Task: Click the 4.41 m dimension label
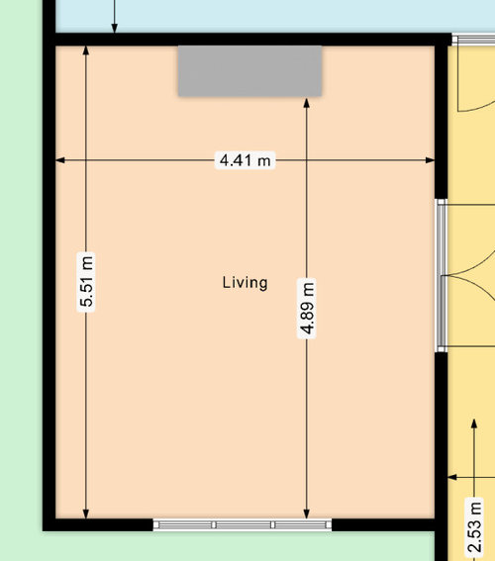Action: (245, 160)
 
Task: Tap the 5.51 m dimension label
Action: (86, 282)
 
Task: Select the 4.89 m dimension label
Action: (307, 308)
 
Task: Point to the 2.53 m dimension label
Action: (474, 528)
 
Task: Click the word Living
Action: (245, 283)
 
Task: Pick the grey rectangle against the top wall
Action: (249, 71)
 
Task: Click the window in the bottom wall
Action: (243, 524)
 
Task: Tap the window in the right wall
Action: (441, 275)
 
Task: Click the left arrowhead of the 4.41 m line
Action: (60, 160)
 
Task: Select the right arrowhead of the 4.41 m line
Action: (431, 160)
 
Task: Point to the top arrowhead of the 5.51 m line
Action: (86, 50)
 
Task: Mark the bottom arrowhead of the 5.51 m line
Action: (86, 514)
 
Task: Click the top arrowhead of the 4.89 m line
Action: (306, 103)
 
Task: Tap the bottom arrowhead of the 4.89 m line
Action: (306, 514)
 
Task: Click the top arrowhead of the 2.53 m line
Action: (474, 423)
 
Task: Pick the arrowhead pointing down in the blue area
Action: (114, 29)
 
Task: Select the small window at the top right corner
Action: (473, 40)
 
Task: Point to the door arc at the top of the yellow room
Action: (476, 106)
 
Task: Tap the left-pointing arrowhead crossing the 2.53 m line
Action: (452, 477)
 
